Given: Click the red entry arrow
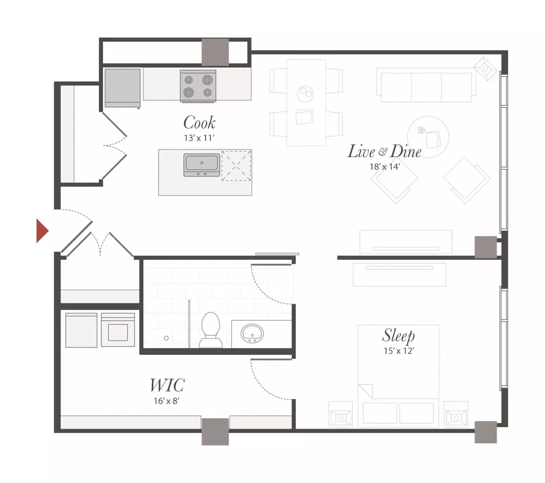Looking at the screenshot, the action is click(x=42, y=230).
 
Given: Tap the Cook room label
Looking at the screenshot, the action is click(x=199, y=123).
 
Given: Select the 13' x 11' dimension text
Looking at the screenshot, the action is click(x=199, y=138).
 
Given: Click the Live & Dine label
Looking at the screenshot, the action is click(x=384, y=152).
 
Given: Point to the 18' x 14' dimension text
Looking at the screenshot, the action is click(x=384, y=167).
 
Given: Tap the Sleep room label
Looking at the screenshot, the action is click(x=398, y=335).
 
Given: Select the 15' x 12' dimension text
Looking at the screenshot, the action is click(x=398, y=351).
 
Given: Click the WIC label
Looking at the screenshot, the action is click(x=167, y=385).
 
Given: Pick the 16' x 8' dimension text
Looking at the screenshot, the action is click(x=167, y=401).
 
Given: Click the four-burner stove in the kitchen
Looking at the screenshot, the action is click(x=198, y=86).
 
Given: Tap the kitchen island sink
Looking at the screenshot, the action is click(x=201, y=165).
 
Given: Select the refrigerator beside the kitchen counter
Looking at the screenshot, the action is click(x=122, y=89).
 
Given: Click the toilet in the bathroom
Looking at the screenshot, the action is click(x=211, y=330).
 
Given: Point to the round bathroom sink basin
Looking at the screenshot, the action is click(x=252, y=333).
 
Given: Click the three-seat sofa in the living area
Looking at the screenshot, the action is click(x=426, y=85).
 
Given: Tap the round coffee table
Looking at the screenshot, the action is click(x=428, y=137).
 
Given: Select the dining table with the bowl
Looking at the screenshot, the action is click(x=306, y=103).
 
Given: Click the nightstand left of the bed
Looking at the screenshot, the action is click(x=341, y=414).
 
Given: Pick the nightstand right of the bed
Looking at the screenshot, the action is click(x=456, y=414).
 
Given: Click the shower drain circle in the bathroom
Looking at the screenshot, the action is click(x=166, y=338).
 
